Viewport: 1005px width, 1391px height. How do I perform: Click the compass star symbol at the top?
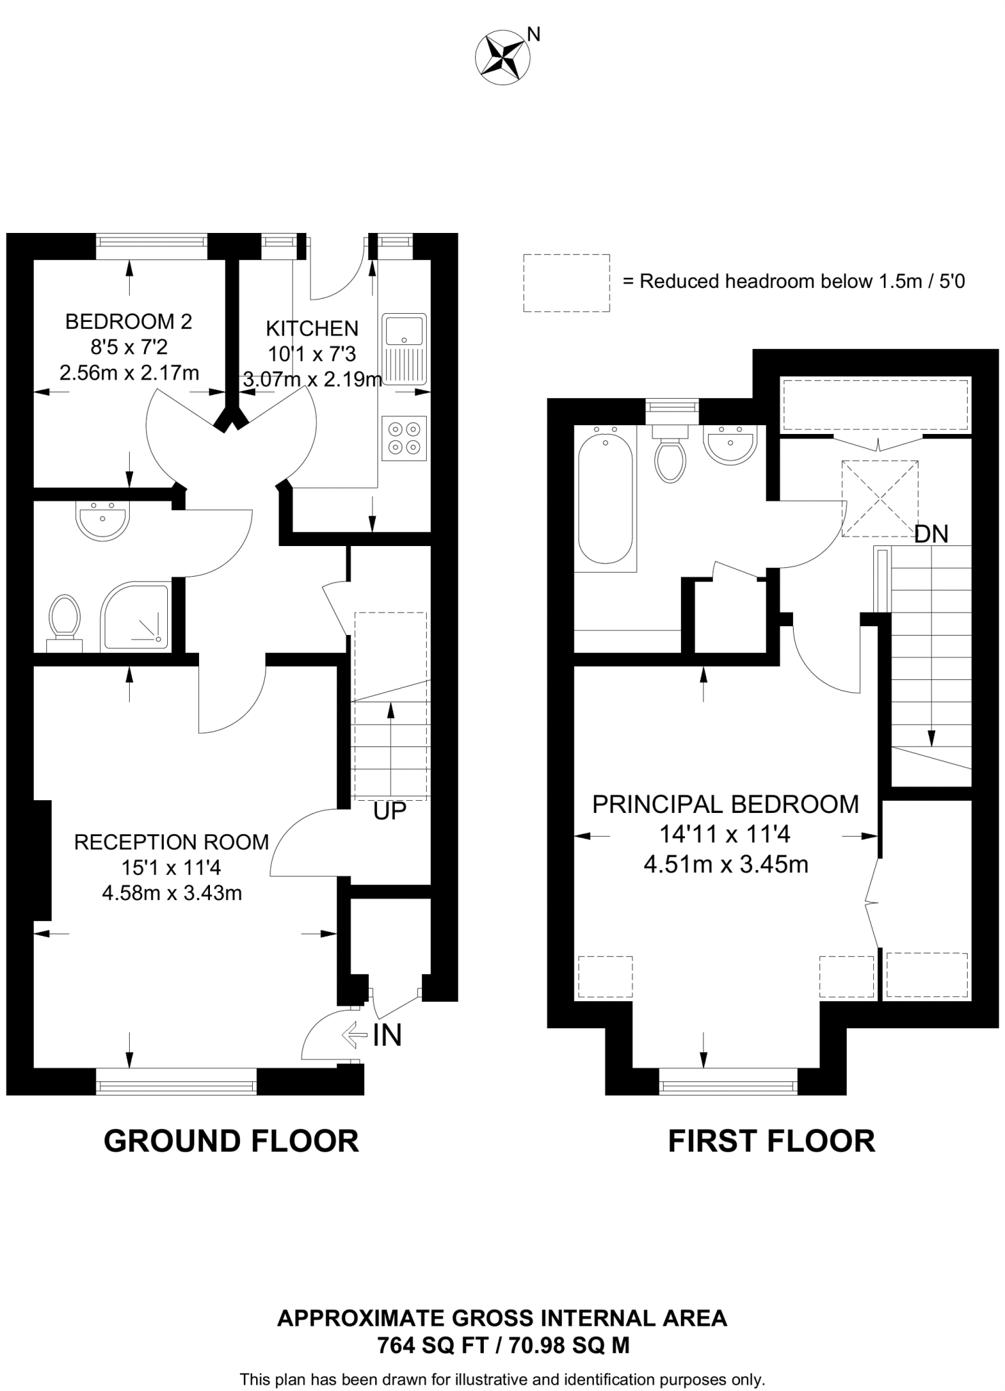coord(504,58)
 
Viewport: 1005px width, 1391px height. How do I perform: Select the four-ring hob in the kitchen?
coord(404,438)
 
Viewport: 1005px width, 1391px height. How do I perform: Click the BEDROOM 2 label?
coord(128,321)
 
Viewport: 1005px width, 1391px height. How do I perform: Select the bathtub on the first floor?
coord(605,499)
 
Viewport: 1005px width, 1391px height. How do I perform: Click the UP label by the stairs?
coord(389,810)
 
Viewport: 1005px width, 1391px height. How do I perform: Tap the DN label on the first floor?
coord(931,535)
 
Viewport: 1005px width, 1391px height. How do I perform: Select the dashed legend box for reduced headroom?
coord(566,283)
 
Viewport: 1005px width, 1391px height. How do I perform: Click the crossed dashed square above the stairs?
coord(879,499)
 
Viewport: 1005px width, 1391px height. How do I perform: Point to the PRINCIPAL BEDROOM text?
coord(725,804)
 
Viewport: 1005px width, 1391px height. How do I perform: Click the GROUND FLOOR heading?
coord(231,1140)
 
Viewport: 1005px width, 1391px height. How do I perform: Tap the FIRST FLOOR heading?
coord(771,1140)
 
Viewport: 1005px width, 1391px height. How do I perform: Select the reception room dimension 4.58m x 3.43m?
coord(172,892)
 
